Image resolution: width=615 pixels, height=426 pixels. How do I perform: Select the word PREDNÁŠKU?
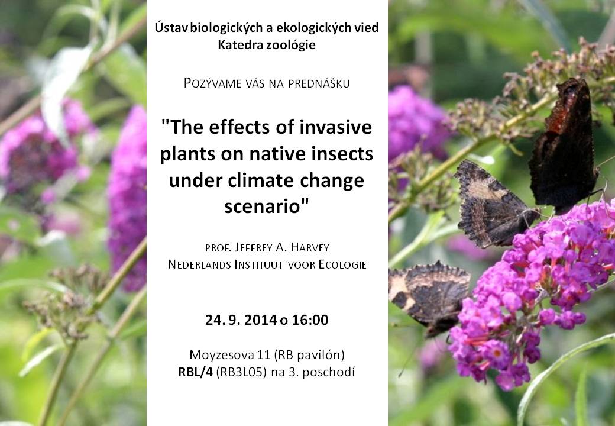pos(319,83)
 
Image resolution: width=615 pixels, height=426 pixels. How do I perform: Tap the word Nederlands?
pos(199,264)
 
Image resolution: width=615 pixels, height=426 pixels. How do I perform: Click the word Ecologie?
pos(342,264)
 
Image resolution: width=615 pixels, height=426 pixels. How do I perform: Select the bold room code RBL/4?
pos(195,372)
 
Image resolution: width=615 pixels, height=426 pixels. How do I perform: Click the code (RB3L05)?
pos(241,372)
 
